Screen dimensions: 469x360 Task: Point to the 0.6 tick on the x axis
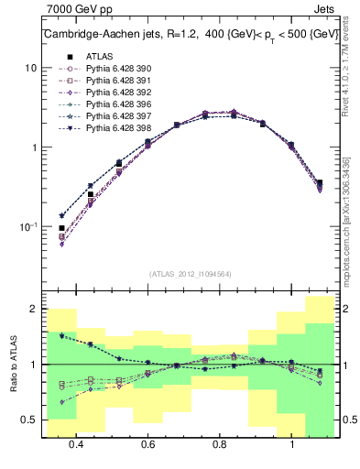(x=147, y=446)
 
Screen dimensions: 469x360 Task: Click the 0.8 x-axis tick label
(x=219, y=446)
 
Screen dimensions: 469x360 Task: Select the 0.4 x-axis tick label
(x=75, y=446)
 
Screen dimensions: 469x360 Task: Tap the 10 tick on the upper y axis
(x=30, y=68)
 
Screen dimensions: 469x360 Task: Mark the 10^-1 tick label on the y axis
(x=27, y=226)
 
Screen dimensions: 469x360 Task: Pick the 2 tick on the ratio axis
(x=33, y=310)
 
